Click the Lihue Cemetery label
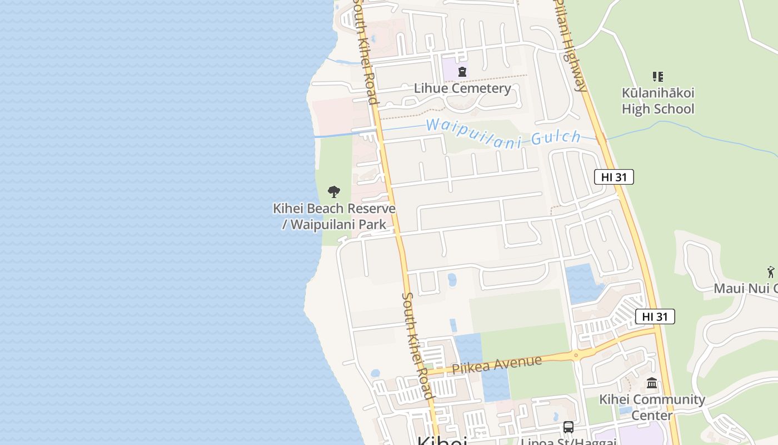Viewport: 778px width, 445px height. point(462,88)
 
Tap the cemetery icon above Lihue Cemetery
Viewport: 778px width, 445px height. point(462,72)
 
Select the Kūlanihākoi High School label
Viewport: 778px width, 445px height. point(658,101)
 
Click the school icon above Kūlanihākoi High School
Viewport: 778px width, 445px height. point(658,77)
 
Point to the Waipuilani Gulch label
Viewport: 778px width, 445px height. point(503,133)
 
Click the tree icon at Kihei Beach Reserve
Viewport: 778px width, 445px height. point(333,192)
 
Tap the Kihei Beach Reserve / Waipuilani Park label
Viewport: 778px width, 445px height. point(334,216)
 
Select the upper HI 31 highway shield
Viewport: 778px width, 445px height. point(614,177)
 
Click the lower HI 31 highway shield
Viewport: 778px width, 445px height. point(655,317)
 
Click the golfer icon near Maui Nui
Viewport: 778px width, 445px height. point(771,272)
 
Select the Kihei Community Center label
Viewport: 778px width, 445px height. point(652,407)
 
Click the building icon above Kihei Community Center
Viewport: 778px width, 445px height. point(652,383)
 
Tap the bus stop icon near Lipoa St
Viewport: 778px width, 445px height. point(568,427)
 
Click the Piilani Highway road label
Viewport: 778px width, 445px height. point(570,44)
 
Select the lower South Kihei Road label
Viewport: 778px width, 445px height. point(417,345)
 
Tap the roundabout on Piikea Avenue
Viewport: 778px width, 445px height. point(576,355)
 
